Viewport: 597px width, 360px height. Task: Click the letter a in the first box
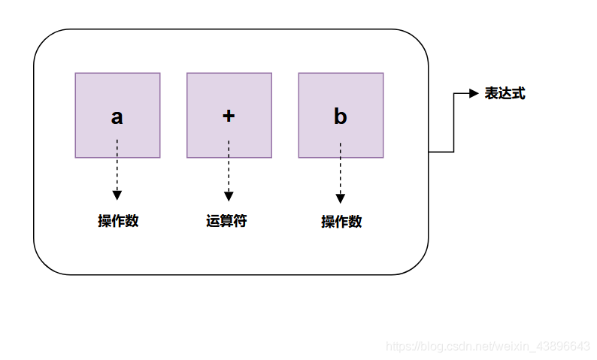coord(117,117)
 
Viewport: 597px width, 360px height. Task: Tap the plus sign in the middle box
coord(229,116)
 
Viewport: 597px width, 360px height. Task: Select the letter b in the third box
coord(340,116)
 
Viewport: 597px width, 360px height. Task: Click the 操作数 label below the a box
coord(118,221)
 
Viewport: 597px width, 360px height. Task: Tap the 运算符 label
coord(227,221)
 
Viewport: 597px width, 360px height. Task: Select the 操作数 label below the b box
coord(341,222)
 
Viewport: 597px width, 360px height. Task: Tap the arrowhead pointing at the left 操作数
coord(117,196)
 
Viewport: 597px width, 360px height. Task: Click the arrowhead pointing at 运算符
coord(229,196)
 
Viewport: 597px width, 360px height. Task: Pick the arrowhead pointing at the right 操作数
coord(341,198)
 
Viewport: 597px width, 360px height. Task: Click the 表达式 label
coord(505,93)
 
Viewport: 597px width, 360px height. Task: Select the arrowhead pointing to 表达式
coord(474,93)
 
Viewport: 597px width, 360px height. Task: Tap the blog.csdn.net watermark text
coord(487,346)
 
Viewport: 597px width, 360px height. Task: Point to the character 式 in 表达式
coord(518,93)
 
